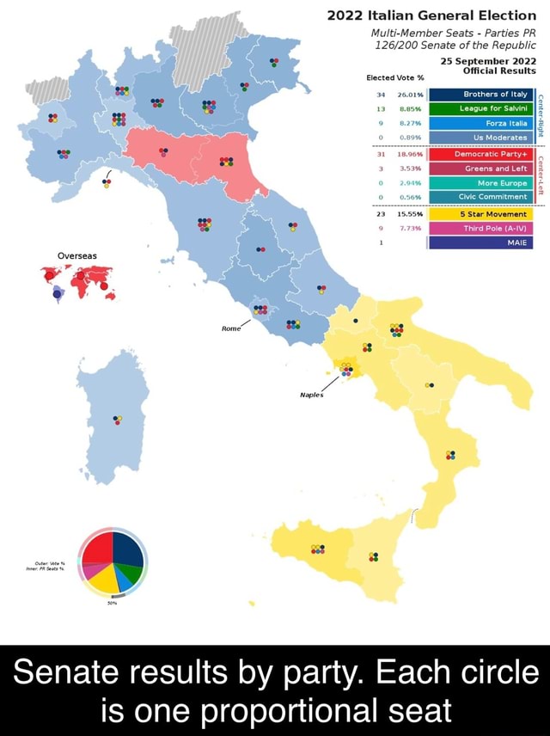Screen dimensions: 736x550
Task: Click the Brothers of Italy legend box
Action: [481, 95]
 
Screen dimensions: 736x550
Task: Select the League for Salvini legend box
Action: [481, 109]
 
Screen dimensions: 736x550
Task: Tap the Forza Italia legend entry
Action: [481, 124]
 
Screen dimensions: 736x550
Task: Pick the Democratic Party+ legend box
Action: [481, 155]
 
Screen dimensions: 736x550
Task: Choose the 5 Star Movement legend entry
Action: [481, 213]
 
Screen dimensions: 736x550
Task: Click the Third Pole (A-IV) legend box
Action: [481, 228]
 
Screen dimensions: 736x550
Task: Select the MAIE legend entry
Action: [481, 242]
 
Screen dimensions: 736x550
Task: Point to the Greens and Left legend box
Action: [481, 169]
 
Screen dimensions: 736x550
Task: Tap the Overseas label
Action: [77, 255]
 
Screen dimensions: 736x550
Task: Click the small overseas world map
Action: [77, 281]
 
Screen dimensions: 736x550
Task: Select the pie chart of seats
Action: [113, 564]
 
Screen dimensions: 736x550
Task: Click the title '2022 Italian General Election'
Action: [432, 15]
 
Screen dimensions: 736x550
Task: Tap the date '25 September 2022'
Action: [489, 61]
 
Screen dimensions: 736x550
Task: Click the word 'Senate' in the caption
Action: [71, 672]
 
